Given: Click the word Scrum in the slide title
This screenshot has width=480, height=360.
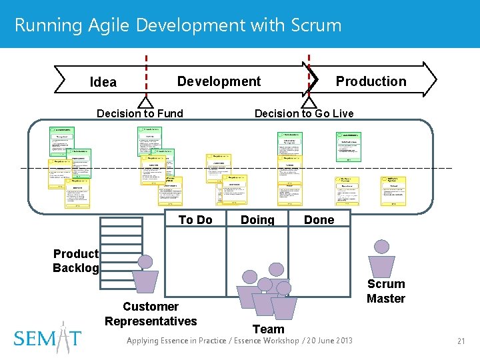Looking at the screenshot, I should (x=317, y=25).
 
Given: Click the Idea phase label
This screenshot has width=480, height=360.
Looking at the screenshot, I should (x=103, y=83).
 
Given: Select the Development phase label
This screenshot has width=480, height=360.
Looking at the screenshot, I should (x=219, y=81).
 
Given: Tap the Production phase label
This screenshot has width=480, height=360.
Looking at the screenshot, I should (x=371, y=81).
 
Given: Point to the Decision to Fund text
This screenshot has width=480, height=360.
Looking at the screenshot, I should (x=140, y=113).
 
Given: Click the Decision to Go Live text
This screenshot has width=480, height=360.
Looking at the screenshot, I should (x=304, y=113).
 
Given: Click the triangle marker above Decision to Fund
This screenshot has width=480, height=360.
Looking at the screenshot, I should (x=145, y=101).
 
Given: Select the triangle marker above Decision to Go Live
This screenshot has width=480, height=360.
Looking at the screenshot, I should (x=309, y=101).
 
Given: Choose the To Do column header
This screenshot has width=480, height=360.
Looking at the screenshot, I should (x=195, y=220).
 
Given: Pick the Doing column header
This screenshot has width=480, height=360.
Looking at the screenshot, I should (x=257, y=220).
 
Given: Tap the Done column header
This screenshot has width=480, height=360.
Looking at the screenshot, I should (x=319, y=220).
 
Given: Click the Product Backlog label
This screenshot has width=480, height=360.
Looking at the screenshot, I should (x=76, y=261).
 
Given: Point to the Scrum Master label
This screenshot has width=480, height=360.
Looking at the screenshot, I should (x=386, y=291).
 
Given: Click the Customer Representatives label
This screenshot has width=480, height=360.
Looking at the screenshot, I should (x=151, y=313).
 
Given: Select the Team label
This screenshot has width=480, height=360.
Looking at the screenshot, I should (x=268, y=329).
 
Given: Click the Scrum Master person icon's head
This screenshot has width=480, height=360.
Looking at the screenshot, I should (x=382, y=247).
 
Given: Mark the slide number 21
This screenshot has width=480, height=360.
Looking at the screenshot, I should (x=460, y=341).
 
